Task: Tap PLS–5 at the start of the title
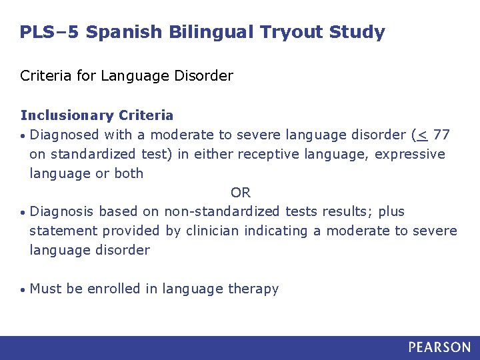click(49, 32)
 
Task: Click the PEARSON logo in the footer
click(439, 347)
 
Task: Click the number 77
click(441, 135)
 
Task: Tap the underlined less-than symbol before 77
click(421, 135)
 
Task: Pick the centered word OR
click(240, 193)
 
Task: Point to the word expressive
click(410, 155)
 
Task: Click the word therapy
click(253, 289)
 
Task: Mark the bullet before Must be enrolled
click(23, 290)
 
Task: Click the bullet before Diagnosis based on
click(23, 213)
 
